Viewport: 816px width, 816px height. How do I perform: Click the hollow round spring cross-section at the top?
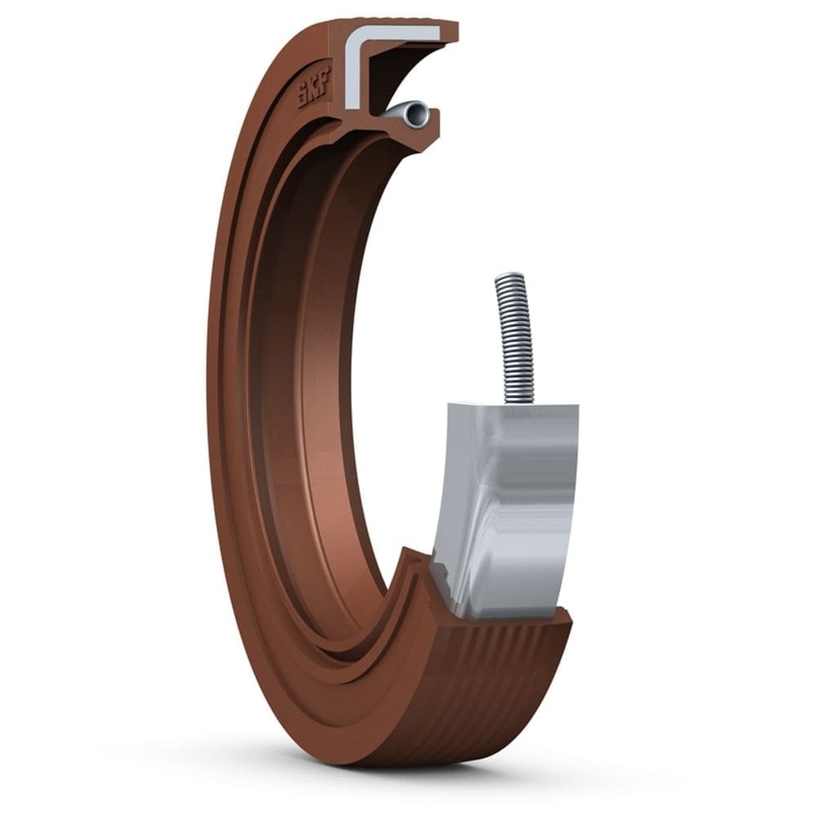click(x=416, y=113)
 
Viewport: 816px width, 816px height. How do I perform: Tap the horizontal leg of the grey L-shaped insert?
click(x=400, y=33)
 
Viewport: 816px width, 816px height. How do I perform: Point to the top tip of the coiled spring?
click(x=508, y=277)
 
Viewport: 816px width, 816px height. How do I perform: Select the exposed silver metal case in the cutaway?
click(x=506, y=506)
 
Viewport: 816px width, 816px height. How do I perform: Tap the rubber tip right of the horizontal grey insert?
click(x=450, y=32)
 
